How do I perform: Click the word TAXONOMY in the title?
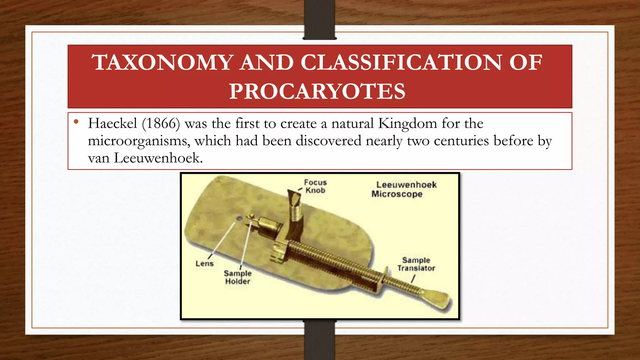pos(162,62)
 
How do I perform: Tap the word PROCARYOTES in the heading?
pos(317,91)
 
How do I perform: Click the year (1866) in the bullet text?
pos(161,123)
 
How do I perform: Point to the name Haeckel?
pos(112,123)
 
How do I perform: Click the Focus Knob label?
pos(315,186)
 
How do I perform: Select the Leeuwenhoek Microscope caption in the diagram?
pos(403,189)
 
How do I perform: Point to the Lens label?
pos(204,263)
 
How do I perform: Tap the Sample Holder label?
pos(237,277)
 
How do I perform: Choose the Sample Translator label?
pos(416,264)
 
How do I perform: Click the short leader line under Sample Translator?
pos(413,278)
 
